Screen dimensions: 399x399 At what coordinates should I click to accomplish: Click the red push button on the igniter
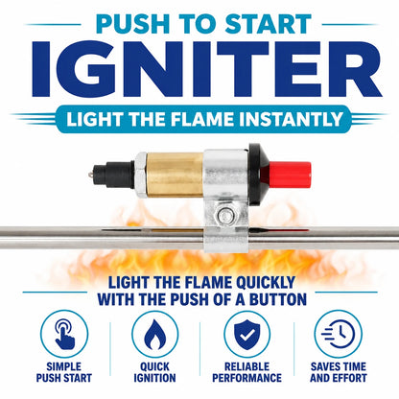tap(290, 175)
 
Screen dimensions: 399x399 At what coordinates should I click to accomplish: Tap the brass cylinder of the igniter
tap(175, 174)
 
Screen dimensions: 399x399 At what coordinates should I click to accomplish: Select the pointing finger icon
tap(64, 335)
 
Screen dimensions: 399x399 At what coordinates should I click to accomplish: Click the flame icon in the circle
tap(155, 335)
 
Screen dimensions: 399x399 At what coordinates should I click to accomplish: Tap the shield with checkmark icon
tap(246, 335)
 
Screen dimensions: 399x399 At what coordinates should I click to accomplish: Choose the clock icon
tap(339, 334)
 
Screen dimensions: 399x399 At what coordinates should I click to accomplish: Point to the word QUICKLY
tap(266, 283)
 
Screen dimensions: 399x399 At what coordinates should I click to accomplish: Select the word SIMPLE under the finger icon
tap(64, 366)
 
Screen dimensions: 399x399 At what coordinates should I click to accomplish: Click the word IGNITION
tap(154, 378)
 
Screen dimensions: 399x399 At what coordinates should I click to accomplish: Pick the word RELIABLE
tap(246, 366)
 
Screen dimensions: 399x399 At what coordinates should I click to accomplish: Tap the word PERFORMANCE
tap(246, 378)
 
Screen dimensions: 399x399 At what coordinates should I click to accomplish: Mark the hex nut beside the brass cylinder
tap(141, 175)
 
